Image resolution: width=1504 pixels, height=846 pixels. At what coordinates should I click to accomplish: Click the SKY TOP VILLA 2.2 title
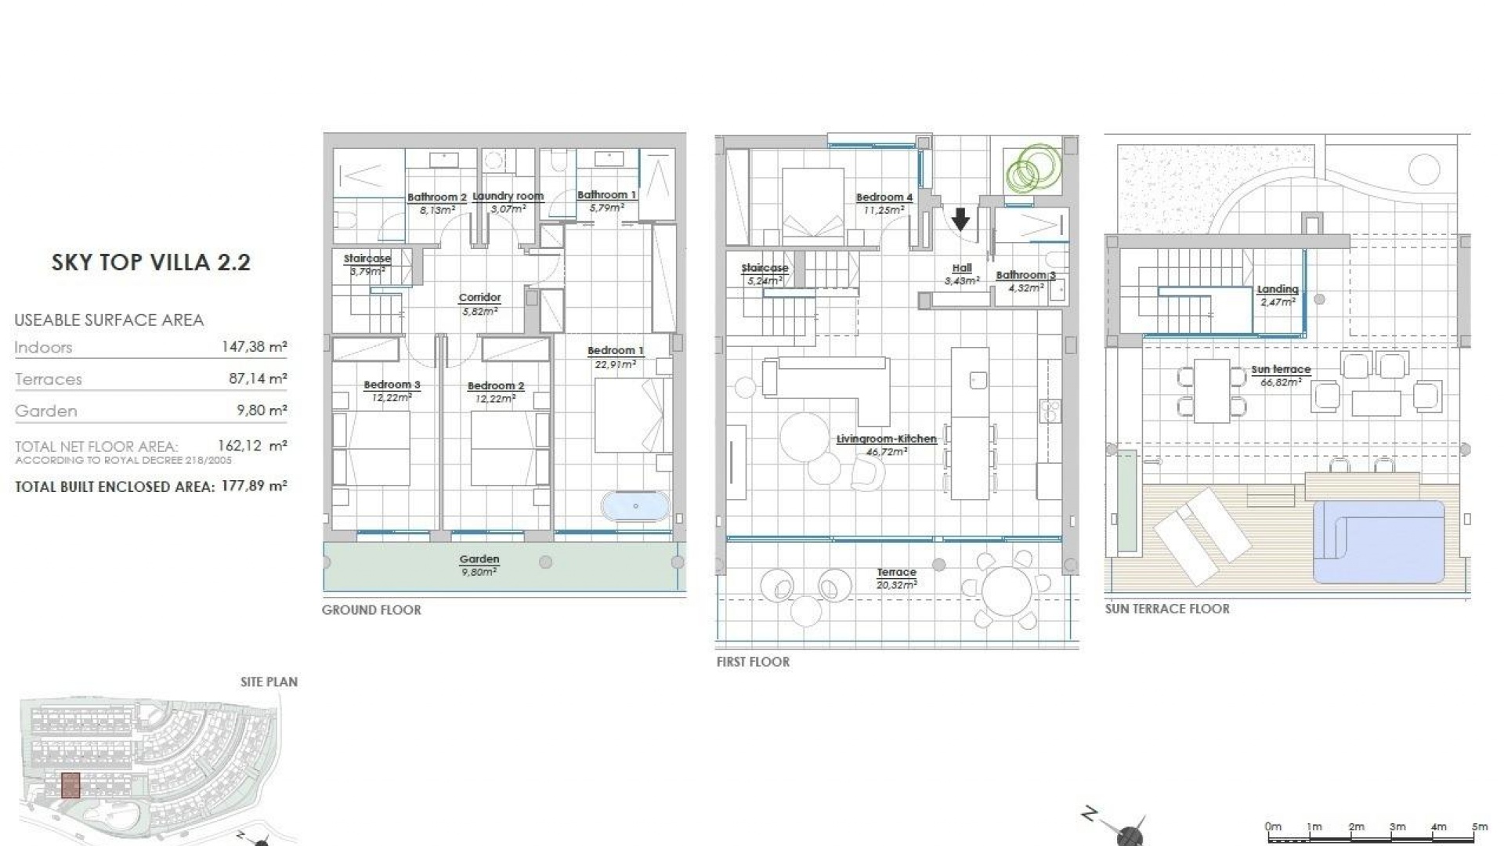(150, 262)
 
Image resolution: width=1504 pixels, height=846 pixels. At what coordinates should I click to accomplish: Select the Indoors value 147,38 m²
(254, 346)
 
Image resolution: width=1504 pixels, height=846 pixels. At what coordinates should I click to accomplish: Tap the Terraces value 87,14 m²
(257, 378)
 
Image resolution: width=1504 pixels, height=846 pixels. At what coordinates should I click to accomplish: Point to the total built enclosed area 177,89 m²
(254, 486)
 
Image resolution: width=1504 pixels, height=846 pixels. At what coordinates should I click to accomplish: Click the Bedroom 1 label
(615, 351)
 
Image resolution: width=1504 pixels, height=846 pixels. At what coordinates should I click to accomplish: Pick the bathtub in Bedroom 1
(635, 506)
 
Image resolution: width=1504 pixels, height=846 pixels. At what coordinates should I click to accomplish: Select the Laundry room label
(508, 197)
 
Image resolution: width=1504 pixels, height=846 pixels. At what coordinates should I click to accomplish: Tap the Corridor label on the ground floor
(479, 298)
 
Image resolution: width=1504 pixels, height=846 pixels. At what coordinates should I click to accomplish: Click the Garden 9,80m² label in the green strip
(479, 565)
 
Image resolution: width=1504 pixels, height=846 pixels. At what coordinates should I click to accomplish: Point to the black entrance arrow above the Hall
(960, 219)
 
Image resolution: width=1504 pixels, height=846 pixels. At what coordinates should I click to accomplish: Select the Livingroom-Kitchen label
(886, 439)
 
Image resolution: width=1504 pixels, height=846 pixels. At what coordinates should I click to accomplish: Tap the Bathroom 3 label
(1025, 276)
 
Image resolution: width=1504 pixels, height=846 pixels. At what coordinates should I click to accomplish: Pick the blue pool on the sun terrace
(1378, 541)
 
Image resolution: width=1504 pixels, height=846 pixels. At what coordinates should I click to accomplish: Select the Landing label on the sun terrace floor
(1277, 290)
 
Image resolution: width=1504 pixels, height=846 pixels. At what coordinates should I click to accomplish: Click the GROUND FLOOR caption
(371, 610)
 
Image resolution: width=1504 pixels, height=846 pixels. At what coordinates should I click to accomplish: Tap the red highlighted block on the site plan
(70, 785)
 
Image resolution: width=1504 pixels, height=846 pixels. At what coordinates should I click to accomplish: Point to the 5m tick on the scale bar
(1479, 827)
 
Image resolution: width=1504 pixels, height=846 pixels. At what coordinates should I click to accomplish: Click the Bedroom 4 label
(884, 198)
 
